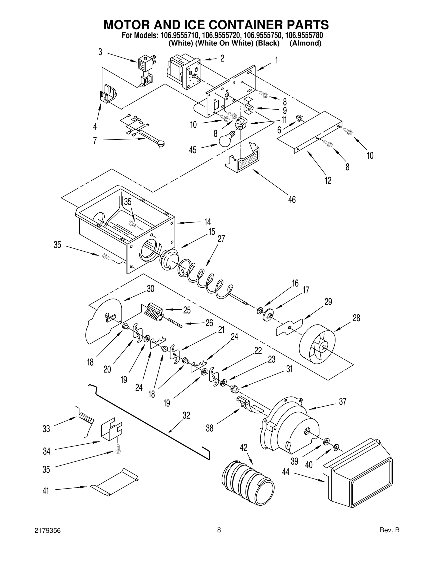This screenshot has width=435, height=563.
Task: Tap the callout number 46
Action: [x=292, y=200]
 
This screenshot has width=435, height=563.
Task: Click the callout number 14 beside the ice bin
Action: [x=207, y=222]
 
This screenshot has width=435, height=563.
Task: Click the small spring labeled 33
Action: [x=86, y=419]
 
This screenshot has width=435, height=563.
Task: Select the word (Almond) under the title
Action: [x=305, y=43]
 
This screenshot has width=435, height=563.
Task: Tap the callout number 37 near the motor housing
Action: [x=343, y=402]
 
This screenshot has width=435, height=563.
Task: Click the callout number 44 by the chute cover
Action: [x=285, y=472]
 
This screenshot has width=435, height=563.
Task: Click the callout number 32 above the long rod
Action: [x=186, y=415]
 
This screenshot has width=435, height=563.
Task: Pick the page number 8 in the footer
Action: [x=219, y=530]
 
